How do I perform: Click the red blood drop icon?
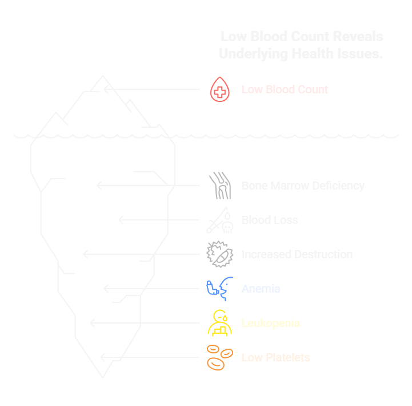click(219, 90)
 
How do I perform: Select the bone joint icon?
click(219, 186)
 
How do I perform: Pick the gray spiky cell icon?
click(219, 254)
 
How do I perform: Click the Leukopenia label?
click(270, 323)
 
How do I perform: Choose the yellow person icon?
click(220, 323)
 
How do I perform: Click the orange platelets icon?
click(219, 357)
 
